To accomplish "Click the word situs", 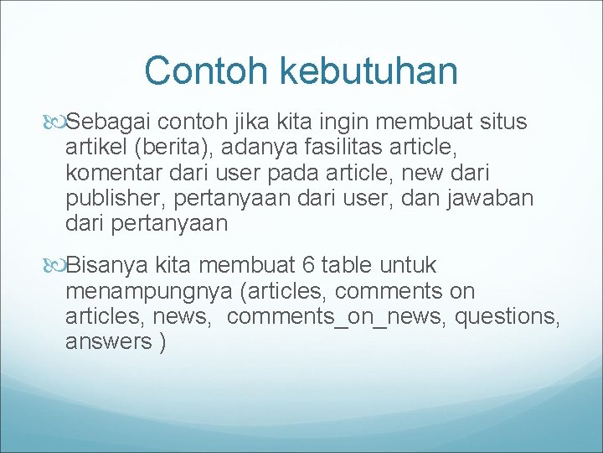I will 502,122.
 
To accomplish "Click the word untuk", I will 408,266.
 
